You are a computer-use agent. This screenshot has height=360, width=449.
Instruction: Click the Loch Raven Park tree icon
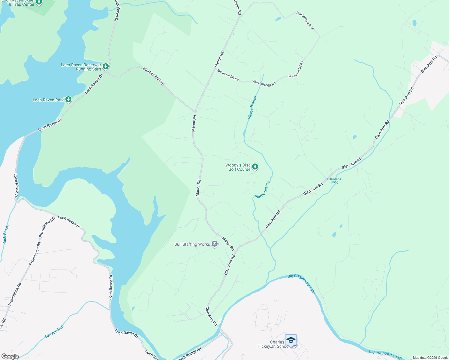pyautogui.click(x=68, y=99)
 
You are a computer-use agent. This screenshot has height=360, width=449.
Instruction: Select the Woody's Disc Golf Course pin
pyautogui.click(x=255, y=166)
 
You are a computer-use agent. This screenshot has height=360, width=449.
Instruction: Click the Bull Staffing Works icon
pyautogui.click(x=214, y=244)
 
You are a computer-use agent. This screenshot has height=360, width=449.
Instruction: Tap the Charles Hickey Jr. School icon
pyautogui.click(x=291, y=340)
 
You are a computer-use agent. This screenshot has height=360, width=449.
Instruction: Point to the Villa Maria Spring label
pyautogui.click(x=334, y=180)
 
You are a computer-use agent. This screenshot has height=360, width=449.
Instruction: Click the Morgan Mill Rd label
pyautogui.click(x=153, y=76)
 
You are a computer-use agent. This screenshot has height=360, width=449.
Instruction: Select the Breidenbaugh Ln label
pyautogui.click(x=305, y=21)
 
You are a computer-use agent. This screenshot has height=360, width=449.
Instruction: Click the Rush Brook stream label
pyautogui.click(x=6, y=235)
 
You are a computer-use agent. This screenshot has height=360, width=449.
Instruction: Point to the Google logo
pyautogui.click(x=10, y=356)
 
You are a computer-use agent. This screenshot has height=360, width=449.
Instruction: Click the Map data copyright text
pyautogui.click(x=430, y=358)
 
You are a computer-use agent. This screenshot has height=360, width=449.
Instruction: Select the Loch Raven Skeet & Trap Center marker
pyautogui.click(x=39, y=2)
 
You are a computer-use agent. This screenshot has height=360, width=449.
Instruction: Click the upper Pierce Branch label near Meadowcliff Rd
pyautogui.click(x=252, y=107)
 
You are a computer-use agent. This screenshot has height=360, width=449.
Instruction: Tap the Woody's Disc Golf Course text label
pyautogui.click(x=238, y=167)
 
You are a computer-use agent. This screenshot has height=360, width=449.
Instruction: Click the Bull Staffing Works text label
pyautogui.click(x=192, y=244)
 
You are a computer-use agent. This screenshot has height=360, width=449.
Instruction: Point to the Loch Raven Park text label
pyautogui.click(x=48, y=100)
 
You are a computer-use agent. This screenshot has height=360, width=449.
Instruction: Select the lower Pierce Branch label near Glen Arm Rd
pyautogui.click(x=262, y=190)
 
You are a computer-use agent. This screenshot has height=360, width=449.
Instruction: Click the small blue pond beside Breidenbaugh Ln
pyautogui.click(x=278, y=19)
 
